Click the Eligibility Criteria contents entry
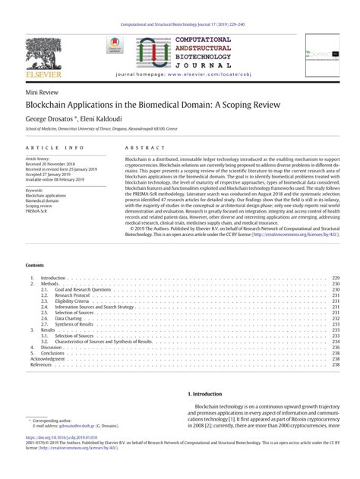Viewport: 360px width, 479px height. point(73,301)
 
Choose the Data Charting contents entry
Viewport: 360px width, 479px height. point(69,319)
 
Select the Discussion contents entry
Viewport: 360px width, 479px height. point(53,347)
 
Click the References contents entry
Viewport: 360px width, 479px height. point(41,364)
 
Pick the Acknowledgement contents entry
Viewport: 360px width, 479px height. point(47,358)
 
